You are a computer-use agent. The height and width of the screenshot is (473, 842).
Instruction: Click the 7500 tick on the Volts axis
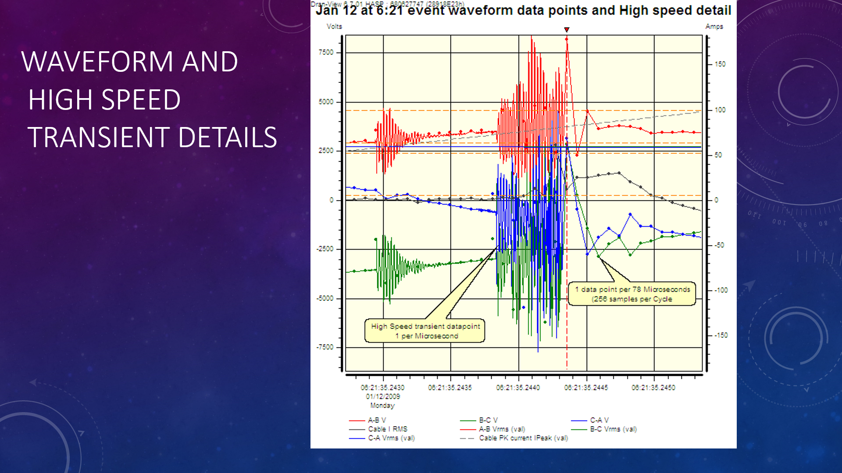point(326,52)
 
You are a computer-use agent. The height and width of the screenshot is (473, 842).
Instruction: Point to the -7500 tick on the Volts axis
point(325,347)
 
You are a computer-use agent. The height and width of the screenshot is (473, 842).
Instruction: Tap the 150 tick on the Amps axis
point(720,64)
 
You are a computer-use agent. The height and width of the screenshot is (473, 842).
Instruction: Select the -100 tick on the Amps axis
point(721,290)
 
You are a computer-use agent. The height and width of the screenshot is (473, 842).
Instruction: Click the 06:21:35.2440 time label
point(518,388)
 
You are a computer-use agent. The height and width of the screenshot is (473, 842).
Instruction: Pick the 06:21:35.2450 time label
point(653,388)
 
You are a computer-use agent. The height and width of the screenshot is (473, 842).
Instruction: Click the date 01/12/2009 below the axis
point(383,396)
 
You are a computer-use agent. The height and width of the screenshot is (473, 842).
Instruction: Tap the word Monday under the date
point(382,406)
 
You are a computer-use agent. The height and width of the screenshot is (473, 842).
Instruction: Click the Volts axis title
point(334,26)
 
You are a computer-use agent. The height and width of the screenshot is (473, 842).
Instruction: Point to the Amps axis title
point(714,26)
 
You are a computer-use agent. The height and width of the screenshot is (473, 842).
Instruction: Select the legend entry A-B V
point(377,420)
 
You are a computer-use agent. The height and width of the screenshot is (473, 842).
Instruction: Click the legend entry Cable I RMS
point(388,429)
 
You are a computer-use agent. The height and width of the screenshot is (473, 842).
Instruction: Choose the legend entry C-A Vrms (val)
point(391,438)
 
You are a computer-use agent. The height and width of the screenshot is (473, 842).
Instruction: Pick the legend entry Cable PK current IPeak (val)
point(523,438)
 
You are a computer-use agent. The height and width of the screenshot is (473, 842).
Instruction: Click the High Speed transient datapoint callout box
point(425,331)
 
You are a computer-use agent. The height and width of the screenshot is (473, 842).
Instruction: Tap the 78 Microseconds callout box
point(632,294)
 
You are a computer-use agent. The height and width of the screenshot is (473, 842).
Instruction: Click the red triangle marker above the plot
point(567,30)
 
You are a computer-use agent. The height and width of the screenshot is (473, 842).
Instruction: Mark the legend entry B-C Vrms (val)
point(613,429)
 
